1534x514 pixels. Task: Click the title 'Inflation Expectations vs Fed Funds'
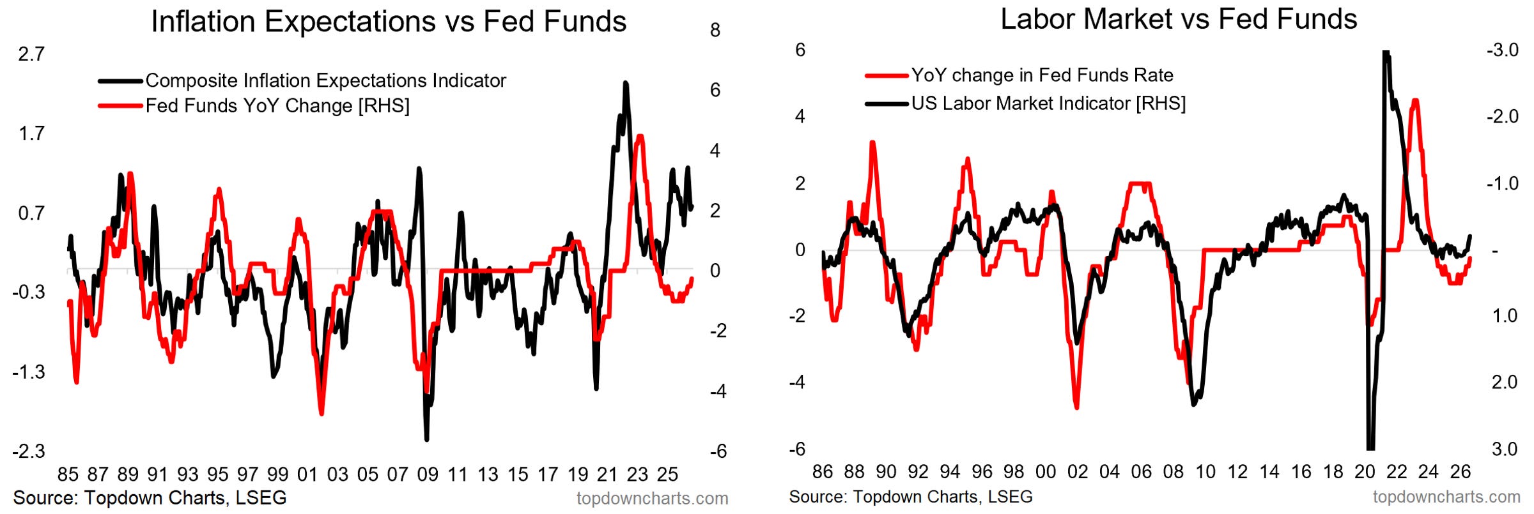tap(389, 22)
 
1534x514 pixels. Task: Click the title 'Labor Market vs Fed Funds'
tap(1179, 19)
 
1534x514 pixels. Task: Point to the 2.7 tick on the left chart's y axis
tap(31, 54)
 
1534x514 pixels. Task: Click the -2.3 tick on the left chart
tap(29, 451)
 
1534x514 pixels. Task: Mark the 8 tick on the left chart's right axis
tap(715, 30)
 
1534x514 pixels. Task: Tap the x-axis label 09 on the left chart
tap(428, 474)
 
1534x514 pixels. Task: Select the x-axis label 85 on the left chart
tap(68, 474)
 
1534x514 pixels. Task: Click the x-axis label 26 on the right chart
tap(1460, 472)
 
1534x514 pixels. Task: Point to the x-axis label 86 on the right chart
tap(823, 472)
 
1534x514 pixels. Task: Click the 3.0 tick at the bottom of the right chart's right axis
tap(1505, 449)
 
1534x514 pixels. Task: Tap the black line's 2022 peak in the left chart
tap(626, 83)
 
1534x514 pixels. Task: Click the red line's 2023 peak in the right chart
tap(1415, 100)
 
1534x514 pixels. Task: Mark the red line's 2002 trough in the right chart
tap(1077, 407)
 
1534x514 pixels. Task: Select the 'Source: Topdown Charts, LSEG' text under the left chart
tap(150, 498)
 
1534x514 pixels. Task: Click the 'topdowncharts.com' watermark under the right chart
tap(1446, 497)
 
